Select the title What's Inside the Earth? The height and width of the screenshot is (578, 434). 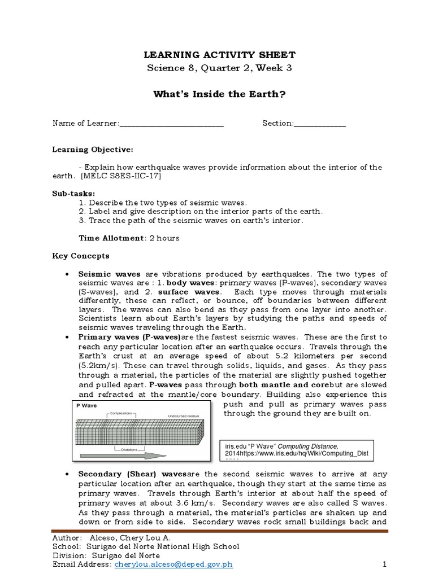217,94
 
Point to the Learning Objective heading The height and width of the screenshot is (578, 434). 93,150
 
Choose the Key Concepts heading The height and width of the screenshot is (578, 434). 81,256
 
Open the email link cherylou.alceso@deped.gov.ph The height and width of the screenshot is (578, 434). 173,564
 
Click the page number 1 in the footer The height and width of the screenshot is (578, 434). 384,564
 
